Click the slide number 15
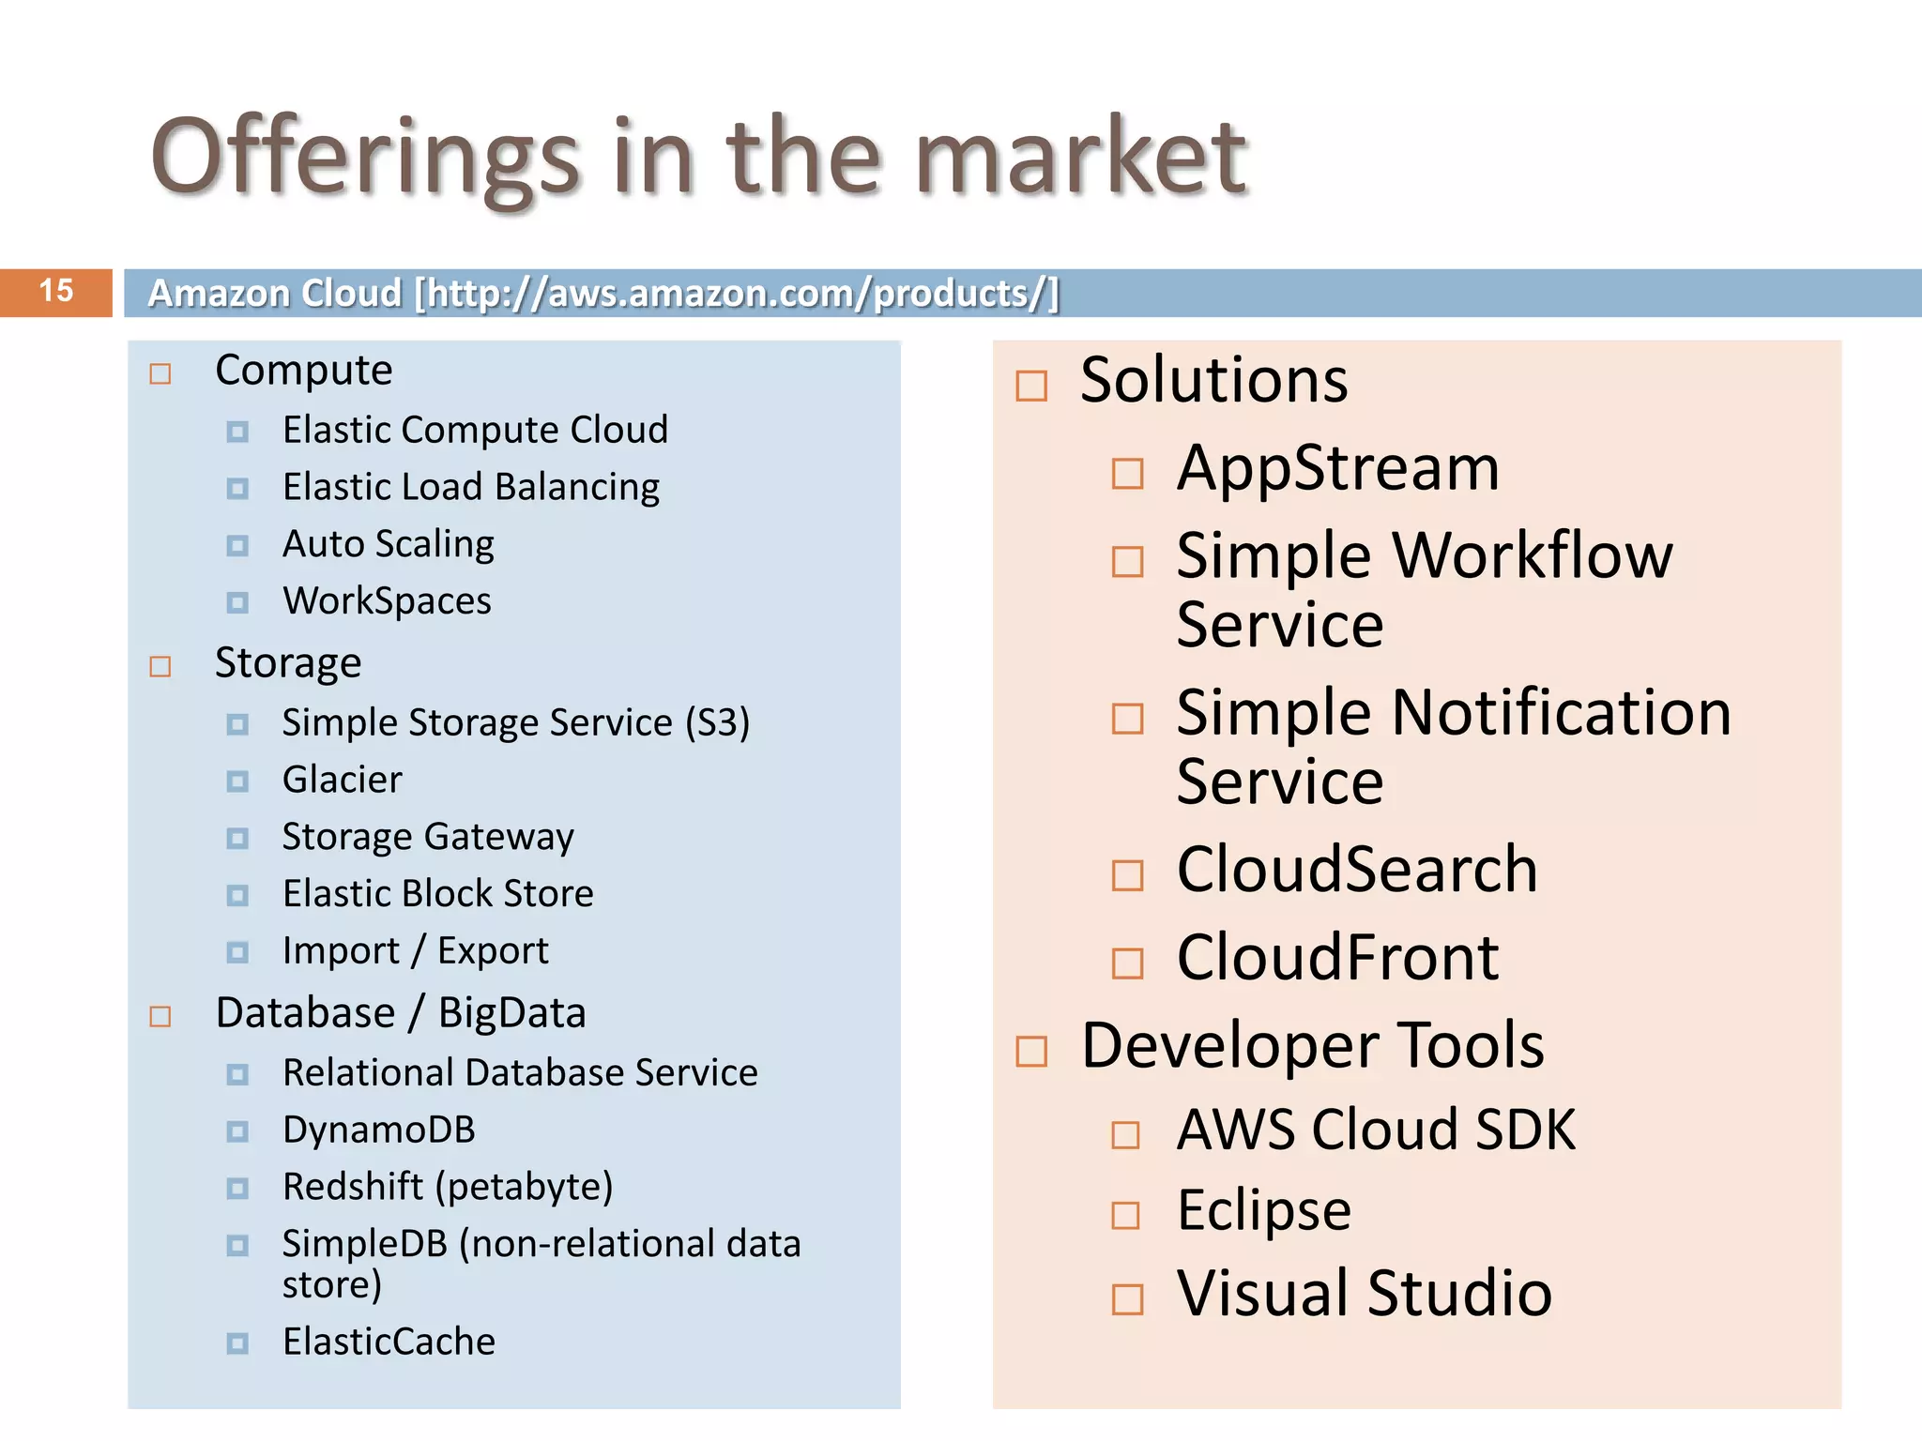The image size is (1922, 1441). coord(56,291)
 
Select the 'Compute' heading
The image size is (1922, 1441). coord(303,371)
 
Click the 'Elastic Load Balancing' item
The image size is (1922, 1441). coord(471,488)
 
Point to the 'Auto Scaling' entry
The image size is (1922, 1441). coord(389,545)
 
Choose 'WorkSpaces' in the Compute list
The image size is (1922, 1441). coord(387,601)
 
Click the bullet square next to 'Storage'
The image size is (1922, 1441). coord(160,667)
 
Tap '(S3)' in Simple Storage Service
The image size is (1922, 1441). coord(717,723)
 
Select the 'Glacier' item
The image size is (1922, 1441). coord(343,781)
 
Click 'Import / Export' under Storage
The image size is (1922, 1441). coord(415,951)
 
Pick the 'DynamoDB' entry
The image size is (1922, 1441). coord(379,1130)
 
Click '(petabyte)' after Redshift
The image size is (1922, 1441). coord(524,1188)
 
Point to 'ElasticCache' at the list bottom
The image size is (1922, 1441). coord(389,1342)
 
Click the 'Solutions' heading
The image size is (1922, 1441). coord(1213,381)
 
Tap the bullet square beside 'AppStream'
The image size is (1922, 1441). coord(1127,474)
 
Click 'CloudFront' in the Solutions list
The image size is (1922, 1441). coord(1337,958)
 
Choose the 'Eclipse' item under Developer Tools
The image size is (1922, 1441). coord(1263,1210)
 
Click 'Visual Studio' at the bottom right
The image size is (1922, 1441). coord(1364,1294)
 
